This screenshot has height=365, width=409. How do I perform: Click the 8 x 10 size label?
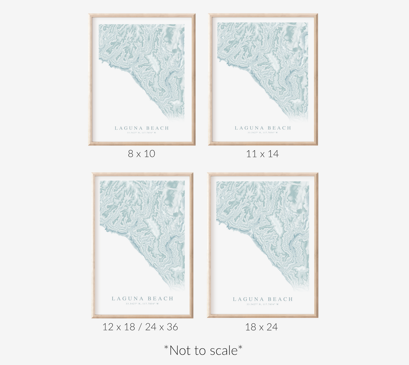pos(141,154)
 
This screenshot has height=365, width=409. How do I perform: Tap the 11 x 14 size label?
pos(262,154)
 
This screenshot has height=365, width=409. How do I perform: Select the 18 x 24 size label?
pos(261,327)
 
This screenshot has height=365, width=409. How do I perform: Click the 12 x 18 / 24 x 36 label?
pos(140,327)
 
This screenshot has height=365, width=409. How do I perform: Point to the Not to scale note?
pos(203,350)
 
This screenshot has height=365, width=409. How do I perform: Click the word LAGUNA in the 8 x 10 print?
pos(129,128)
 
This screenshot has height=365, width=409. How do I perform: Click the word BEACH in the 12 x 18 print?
pos(160,299)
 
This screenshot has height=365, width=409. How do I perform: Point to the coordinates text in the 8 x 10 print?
pos(142,133)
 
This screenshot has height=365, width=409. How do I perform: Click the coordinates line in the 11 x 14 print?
pos(263,132)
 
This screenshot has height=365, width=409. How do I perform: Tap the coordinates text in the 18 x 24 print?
pos(263,304)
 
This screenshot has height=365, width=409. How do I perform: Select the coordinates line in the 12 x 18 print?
pos(142,304)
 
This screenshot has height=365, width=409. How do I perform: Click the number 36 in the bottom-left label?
pos(172,327)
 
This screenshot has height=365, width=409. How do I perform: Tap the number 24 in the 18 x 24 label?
pos(272,327)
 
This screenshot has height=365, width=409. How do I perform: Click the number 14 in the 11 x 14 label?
pos(273,154)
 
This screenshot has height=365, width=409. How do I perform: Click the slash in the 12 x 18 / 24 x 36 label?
pos(140,327)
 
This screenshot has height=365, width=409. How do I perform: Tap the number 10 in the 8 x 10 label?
pos(149,154)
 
